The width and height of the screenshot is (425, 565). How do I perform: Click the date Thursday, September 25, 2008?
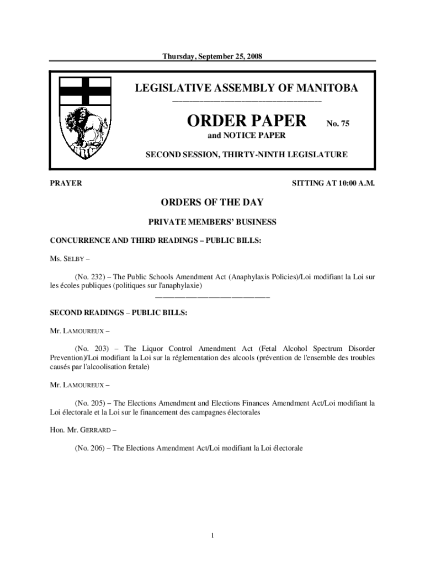pyautogui.click(x=213, y=56)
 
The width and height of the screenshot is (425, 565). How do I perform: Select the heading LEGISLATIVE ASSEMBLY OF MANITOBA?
pyautogui.click(x=246, y=88)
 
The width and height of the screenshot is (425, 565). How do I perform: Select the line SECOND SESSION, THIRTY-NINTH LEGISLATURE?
pyautogui.click(x=246, y=155)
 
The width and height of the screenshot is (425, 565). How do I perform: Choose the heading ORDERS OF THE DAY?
pyautogui.click(x=212, y=202)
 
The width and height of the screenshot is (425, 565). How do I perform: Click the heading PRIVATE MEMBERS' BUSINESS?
pyautogui.click(x=212, y=222)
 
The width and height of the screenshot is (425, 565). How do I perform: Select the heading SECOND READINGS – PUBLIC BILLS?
pyautogui.click(x=119, y=313)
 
